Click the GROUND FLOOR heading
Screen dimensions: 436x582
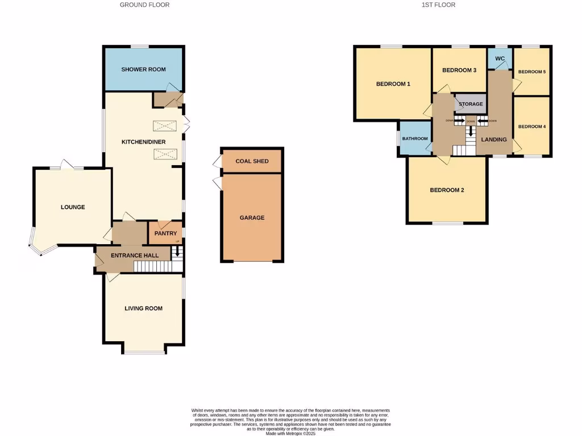click(x=144, y=5)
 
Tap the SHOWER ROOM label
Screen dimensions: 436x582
click(x=143, y=69)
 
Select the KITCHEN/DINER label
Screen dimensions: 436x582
click(x=143, y=141)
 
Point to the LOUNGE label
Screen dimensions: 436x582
click(x=73, y=207)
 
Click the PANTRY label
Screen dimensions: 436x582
click(x=165, y=233)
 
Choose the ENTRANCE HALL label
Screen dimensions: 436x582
click(x=135, y=255)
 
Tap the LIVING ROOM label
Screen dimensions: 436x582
click(x=143, y=308)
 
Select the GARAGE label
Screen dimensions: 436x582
click(x=252, y=217)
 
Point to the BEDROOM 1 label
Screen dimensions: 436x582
click(x=393, y=84)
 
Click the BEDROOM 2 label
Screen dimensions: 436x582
click(x=447, y=190)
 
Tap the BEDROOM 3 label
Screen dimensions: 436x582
click(x=459, y=70)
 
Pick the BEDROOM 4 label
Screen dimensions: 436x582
click(x=531, y=127)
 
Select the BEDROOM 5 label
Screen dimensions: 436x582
click(x=531, y=72)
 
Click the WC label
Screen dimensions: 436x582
click(x=500, y=58)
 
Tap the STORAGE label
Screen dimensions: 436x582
click(x=471, y=104)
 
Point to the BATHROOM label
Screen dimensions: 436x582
click(x=415, y=139)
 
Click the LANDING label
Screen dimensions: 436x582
click(x=494, y=139)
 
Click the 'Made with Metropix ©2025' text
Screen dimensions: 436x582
click(x=290, y=433)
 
